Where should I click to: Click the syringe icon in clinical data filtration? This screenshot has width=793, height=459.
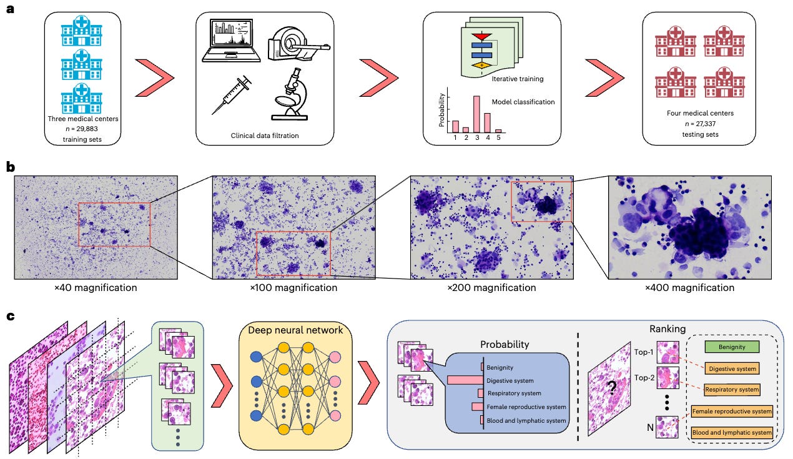(x=231, y=94)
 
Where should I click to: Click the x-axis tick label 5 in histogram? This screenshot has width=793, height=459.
(x=498, y=138)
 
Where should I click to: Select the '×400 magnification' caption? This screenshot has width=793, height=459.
(x=689, y=288)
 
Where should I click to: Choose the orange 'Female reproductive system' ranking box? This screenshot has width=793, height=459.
(x=732, y=411)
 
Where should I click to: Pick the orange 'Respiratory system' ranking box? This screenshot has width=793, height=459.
(x=732, y=390)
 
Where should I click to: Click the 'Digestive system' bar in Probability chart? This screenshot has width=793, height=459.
(x=465, y=380)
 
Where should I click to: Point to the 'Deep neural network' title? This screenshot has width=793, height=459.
(x=295, y=330)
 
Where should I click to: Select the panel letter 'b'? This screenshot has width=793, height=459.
(x=11, y=168)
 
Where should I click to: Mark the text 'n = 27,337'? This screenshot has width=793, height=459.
(x=699, y=124)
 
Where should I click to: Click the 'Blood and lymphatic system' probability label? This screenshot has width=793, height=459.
(x=526, y=420)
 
